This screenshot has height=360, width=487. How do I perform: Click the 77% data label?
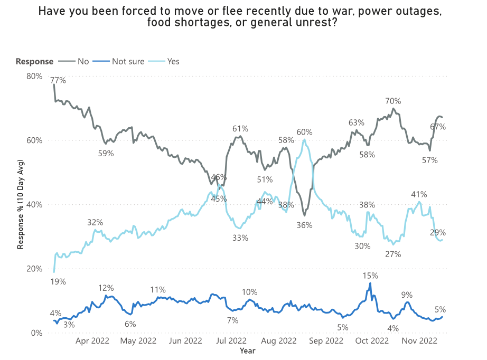[x=58, y=81]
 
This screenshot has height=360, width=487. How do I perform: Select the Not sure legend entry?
[x=128, y=61]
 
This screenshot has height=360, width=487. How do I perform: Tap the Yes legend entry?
[x=173, y=61]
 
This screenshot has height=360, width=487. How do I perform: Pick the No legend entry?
[x=83, y=61]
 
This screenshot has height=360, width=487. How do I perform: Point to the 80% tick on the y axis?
[x=34, y=76]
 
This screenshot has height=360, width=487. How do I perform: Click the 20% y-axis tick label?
[x=34, y=269]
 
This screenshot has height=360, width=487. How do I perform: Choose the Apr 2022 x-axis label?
[x=92, y=341]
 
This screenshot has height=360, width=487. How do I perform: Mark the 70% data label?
[x=393, y=101]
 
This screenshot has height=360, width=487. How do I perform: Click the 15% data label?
[x=370, y=276]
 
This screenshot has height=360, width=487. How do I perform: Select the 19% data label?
[x=58, y=282]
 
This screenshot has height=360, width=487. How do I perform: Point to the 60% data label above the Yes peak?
[x=304, y=132]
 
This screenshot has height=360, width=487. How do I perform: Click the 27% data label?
[x=393, y=254]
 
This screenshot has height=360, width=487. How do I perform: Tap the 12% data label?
[x=106, y=288]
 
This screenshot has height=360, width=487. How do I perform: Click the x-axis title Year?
[x=248, y=350]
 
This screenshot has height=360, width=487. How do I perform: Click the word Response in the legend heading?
[x=34, y=61]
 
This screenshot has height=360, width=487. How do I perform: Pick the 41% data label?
[x=419, y=194]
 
